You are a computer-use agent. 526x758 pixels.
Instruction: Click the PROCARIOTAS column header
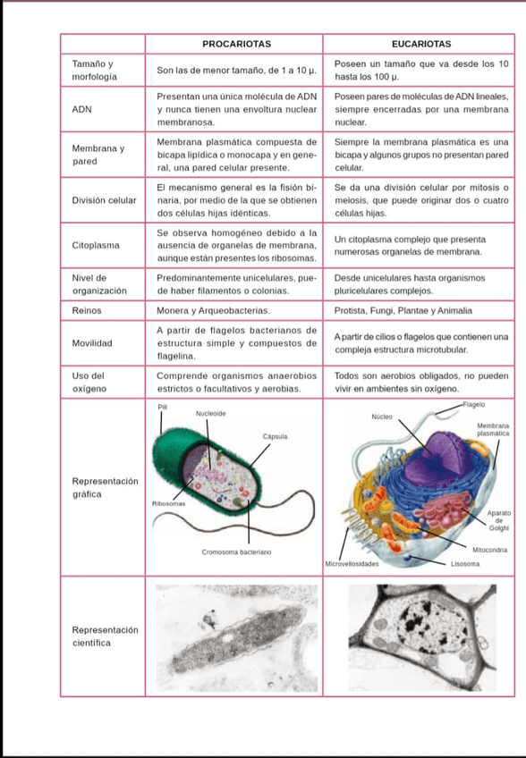click(236, 43)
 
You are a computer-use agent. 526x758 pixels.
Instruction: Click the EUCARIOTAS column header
click(420, 43)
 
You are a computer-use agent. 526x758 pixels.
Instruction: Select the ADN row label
click(81, 108)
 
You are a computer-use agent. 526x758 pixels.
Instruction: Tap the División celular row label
click(104, 200)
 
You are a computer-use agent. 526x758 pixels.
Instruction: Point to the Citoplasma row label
click(96, 244)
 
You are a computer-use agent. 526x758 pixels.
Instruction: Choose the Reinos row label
click(87, 310)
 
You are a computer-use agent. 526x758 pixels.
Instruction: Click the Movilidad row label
click(92, 343)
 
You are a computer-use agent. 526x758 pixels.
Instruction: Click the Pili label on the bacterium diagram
click(162, 407)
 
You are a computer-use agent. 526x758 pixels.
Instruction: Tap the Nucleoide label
click(210, 414)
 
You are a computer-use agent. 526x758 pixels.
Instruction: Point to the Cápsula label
click(275, 436)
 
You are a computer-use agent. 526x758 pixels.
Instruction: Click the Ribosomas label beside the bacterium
click(167, 504)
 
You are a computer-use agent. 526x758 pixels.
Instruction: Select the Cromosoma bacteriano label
click(236, 553)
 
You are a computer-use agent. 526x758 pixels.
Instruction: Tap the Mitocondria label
click(490, 549)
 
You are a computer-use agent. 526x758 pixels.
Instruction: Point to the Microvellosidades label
click(352, 564)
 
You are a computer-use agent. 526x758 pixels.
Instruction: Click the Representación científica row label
click(104, 636)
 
